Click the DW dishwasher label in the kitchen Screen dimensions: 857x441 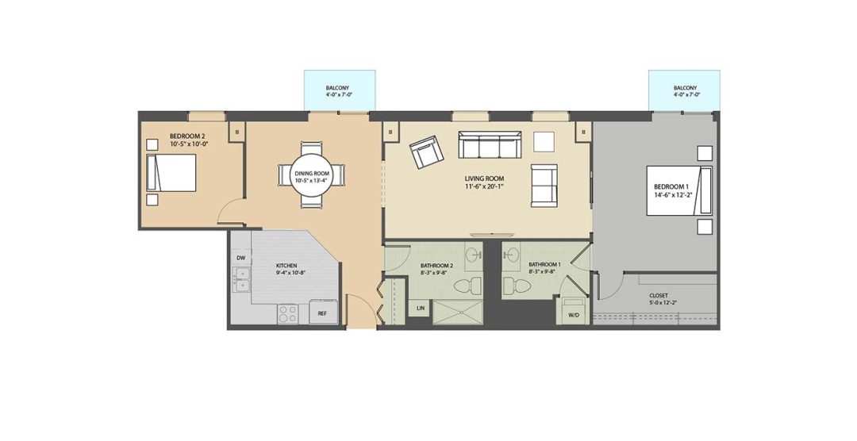(x=240, y=258)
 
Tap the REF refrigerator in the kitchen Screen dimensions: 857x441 (x=322, y=312)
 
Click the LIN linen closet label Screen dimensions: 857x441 (x=421, y=309)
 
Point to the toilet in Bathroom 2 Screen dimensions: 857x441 (x=467, y=285)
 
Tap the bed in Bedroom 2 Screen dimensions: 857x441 (x=171, y=172)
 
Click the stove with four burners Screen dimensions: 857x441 (x=287, y=313)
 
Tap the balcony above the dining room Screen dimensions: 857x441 (x=340, y=90)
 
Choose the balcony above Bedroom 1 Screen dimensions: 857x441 (x=684, y=90)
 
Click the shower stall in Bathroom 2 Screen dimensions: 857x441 (x=459, y=312)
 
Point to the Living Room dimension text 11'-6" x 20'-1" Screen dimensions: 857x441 (x=484, y=186)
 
